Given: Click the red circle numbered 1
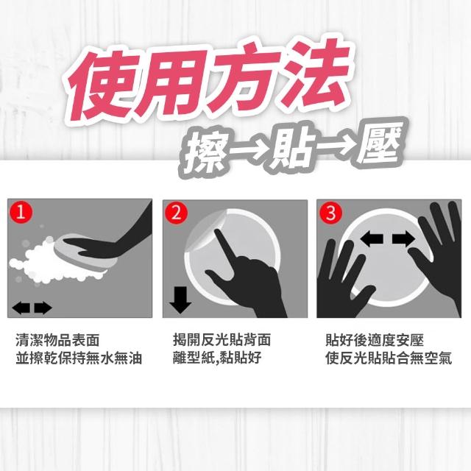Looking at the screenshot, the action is (21, 212).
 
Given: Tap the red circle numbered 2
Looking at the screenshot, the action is (176, 213).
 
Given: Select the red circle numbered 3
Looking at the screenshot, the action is (330, 213).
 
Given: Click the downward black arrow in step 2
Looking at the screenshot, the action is (180, 300).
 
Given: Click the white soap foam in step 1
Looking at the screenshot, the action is (51, 261).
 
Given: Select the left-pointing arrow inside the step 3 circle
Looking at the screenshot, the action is (372, 238).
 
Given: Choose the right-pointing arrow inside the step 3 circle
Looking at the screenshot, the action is (404, 238).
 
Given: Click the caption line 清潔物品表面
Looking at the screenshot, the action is (57, 340).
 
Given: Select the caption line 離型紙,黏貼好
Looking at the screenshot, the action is (217, 358).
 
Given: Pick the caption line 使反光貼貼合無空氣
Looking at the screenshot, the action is (389, 358).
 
